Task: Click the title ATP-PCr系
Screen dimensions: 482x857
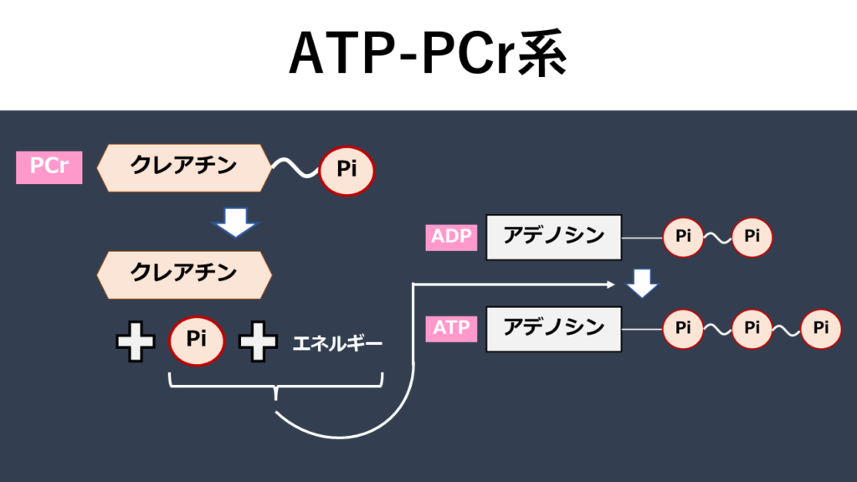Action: coord(428,55)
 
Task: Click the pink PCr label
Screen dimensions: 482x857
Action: coord(49,167)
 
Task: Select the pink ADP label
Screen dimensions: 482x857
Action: coord(452,237)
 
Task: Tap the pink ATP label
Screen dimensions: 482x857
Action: coord(452,328)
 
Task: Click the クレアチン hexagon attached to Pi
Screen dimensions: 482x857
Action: coord(184,167)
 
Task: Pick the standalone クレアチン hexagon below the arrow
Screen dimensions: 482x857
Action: coord(184,274)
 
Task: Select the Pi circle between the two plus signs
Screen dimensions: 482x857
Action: coord(197,341)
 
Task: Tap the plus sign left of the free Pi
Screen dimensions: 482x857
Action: coord(135,342)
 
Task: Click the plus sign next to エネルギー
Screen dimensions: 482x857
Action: coord(258,342)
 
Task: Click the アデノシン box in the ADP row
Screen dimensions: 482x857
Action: coord(553,237)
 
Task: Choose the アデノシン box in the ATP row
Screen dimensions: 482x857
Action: coord(553,328)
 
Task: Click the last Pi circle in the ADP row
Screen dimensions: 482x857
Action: coord(752,238)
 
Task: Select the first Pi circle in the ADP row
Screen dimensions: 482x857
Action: coord(683,238)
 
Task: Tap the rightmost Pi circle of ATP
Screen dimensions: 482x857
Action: coord(820,329)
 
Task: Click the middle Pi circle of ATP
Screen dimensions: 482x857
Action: coord(752,329)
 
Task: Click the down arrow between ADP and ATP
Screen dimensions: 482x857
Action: coord(642,284)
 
